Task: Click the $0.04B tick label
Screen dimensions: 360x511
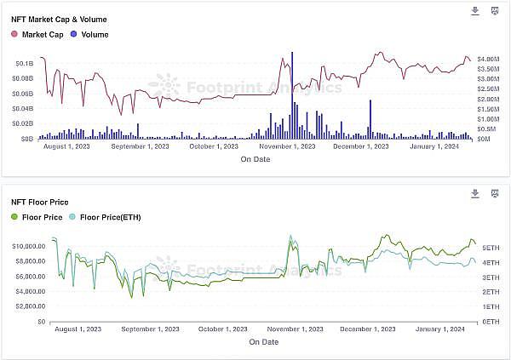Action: [23, 108]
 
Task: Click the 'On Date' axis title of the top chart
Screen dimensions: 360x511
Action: [255, 159]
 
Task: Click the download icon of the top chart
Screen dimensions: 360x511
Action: [475, 11]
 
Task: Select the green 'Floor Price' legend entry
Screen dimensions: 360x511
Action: [37, 217]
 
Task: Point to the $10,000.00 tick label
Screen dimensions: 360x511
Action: [29, 246]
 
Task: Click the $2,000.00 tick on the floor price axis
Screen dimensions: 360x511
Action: [31, 306]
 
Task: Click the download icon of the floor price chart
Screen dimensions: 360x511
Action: [475, 194]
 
